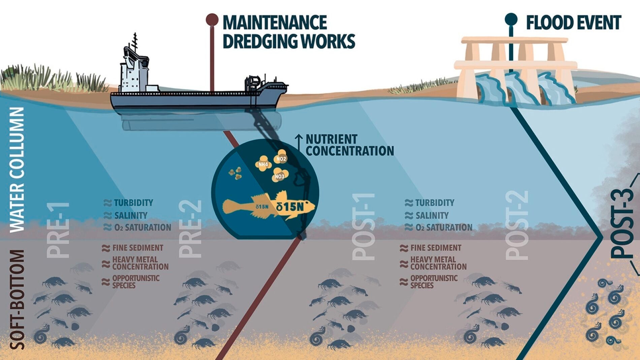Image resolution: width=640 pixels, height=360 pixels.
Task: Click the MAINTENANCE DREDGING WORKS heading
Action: tap(289, 32)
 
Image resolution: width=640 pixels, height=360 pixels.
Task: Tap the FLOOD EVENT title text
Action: tap(573, 23)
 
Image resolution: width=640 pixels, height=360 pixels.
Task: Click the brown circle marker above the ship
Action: tap(212, 20)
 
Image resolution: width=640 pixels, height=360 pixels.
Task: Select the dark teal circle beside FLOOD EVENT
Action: tap(511, 19)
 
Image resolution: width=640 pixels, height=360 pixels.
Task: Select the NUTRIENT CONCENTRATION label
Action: tap(349, 145)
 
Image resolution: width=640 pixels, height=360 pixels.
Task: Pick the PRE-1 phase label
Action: tap(58, 231)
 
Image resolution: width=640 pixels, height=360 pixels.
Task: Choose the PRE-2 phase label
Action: tap(190, 229)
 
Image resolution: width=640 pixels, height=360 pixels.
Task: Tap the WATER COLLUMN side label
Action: tap(17, 170)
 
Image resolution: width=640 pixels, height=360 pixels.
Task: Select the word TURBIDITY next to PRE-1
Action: tap(133, 203)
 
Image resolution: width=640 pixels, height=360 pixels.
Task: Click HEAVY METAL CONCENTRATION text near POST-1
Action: tap(438, 263)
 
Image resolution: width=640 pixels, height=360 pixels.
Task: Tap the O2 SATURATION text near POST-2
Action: tap(444, 228)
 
